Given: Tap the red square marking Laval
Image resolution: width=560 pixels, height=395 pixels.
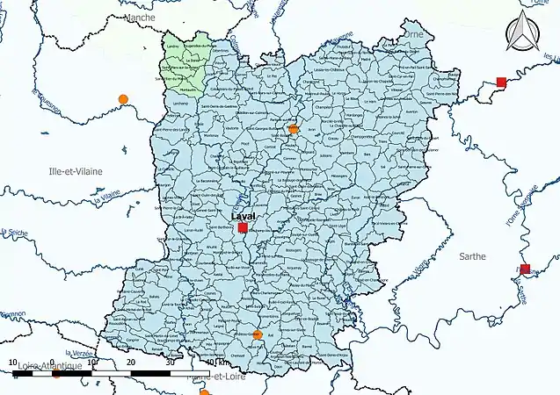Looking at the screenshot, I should (244, 228).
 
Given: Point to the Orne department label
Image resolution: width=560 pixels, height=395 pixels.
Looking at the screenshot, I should (412, 35).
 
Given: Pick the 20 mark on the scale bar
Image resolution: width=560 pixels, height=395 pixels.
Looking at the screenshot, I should (130, 362).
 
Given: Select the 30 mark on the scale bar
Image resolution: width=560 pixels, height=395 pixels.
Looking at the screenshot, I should (170, 362).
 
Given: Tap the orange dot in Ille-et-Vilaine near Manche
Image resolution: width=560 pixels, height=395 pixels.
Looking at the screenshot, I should (123, 98).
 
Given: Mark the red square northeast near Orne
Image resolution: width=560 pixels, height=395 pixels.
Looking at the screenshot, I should (501, 83).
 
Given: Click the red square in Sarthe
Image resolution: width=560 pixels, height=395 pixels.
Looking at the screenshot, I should (525, 269).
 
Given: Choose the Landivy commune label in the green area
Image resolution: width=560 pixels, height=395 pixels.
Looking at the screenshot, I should (172, 47).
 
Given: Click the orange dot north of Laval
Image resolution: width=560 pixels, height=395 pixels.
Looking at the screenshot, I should (294, 130).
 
